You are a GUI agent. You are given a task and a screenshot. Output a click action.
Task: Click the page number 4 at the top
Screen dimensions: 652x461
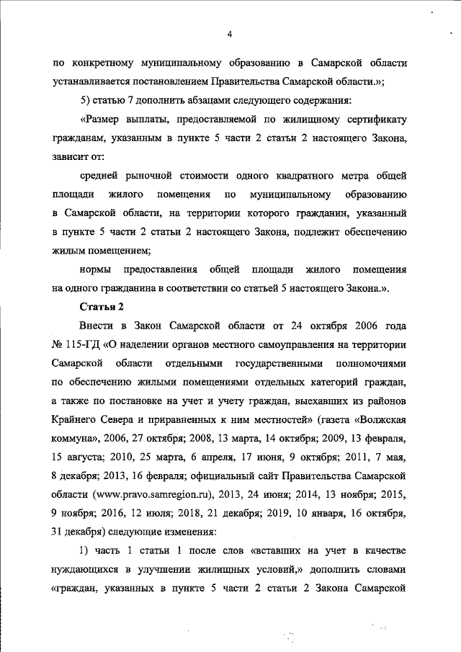229,34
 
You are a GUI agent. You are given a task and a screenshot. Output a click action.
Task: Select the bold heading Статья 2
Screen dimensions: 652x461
102,308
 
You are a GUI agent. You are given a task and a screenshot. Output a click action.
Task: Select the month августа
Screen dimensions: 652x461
87,456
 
